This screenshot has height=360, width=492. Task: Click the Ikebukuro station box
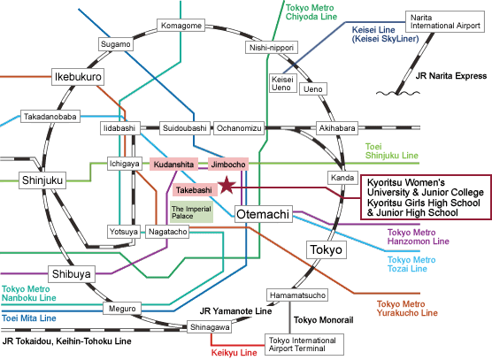(78, 77)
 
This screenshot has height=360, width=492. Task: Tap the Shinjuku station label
(42, 180)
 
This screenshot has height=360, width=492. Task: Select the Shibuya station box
(72, 274)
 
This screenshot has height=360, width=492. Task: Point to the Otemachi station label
(264, 214)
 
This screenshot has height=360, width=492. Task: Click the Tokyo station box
(327, 249)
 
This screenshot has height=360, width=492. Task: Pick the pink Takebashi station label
(195, 190)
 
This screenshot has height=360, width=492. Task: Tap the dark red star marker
(227, 185)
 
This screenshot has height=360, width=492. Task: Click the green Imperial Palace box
(191, 212)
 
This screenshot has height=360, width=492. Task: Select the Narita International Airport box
(445, 21)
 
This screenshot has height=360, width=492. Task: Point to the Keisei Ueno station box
(282, 83)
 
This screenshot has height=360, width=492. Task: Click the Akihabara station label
(337, 128)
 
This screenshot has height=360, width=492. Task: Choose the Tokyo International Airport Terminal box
(304, 344)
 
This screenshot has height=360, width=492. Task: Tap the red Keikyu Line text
(234, 352)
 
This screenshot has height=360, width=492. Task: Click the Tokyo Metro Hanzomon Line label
(419, 237)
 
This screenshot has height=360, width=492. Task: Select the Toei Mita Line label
(29, 318)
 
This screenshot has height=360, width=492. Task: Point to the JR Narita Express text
(451, 76)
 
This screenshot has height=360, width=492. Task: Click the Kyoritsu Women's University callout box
(427, 197)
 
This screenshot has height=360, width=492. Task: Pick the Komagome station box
(181, 26)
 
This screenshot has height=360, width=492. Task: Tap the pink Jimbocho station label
(228, 164)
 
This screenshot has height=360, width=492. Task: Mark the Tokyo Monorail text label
(324, 320)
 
